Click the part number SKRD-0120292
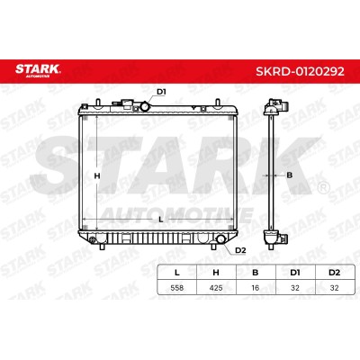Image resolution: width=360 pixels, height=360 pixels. click(x=300, y=72)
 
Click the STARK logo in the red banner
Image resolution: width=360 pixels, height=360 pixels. click(x=38, y=70)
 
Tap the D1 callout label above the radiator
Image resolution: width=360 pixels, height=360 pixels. click(x=161, y=92)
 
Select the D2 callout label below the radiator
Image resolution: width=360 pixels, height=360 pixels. click(x=240, y=250)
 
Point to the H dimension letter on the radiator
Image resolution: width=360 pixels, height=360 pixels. click(x=97, y=176)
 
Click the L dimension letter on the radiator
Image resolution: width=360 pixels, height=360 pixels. click(x=161, y=220)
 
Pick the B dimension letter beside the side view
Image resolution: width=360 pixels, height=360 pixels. click(x=289, y=175)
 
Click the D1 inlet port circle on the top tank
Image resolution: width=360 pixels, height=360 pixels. click(x=145, y=106)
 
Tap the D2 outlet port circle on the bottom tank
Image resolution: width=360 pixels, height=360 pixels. click(x=221, y=238)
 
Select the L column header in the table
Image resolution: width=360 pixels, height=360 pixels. click(x=177, y=273)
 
